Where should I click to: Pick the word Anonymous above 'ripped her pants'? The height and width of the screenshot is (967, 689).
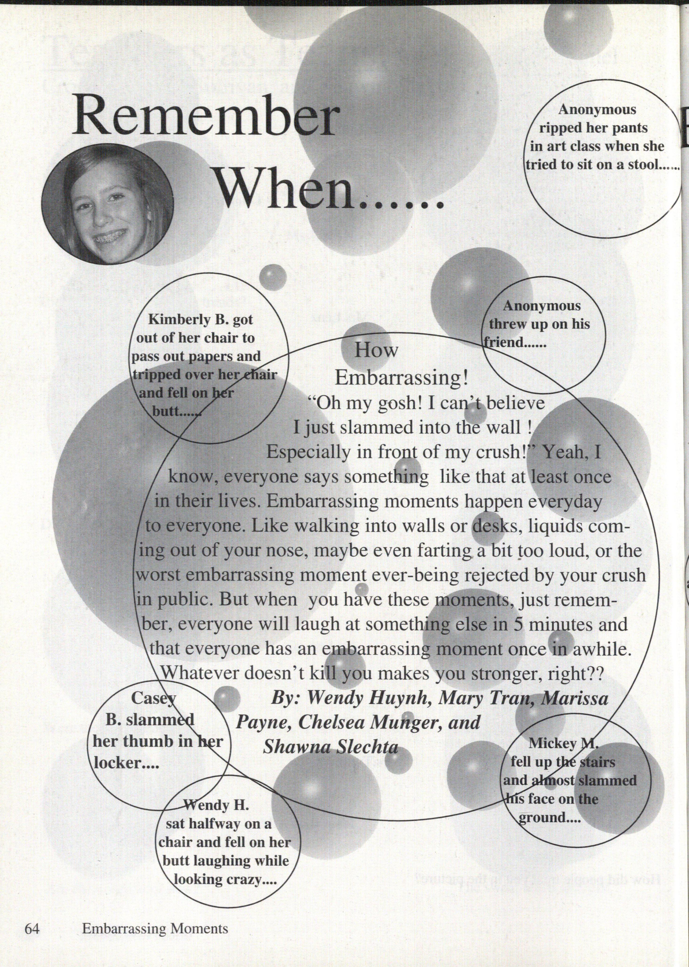point(597,109)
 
